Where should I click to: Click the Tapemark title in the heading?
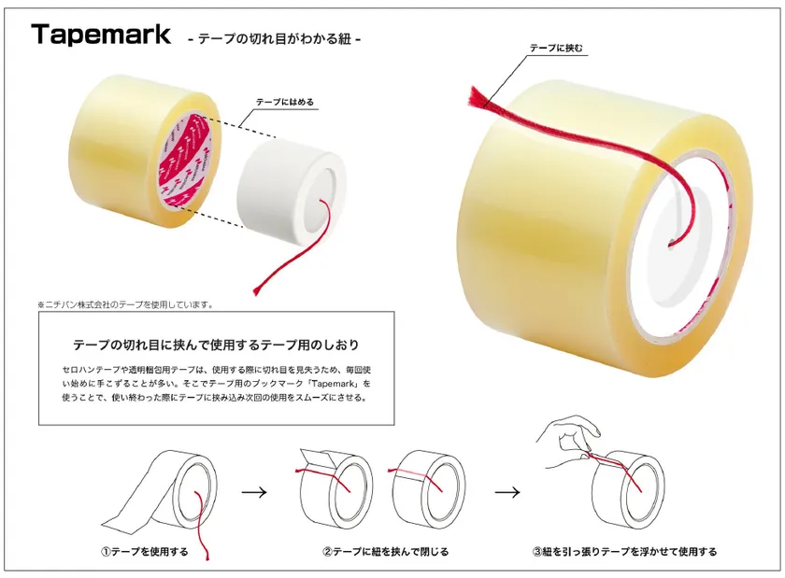(x=101, y=35)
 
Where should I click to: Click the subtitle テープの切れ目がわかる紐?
(x=275, y=38)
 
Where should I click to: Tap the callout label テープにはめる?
(x=285, y=102)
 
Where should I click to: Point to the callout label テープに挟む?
(x=556, y=48)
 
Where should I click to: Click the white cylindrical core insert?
(x=292, y=191)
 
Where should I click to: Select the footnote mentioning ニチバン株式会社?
(x=125, y=304)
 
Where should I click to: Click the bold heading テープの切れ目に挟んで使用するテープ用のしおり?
(x=216, y=345)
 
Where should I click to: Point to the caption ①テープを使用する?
(x=145, y=552)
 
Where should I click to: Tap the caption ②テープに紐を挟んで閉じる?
(x=385, y=552)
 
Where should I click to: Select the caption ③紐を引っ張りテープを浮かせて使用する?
(x=624, y=552)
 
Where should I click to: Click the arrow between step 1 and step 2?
(x=254, y=492)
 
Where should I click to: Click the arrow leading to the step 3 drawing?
(x=507, y=492)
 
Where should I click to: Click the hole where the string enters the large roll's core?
(x=671, y=245)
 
